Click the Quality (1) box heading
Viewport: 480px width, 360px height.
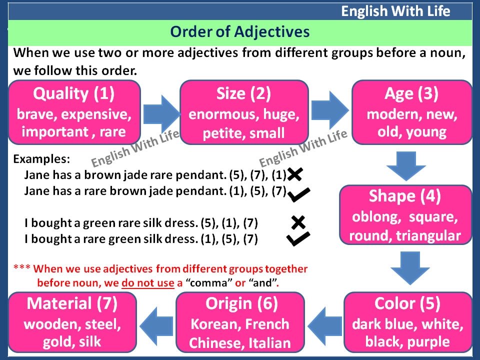[74, 93]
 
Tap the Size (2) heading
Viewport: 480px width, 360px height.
[243, 93]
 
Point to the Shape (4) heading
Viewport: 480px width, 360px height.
[404, 196]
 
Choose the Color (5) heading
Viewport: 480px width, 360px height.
[407, 303]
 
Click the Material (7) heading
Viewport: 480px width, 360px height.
[72, 303]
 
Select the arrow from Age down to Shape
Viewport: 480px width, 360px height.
[406, 165]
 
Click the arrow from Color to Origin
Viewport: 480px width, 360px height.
[325, 322]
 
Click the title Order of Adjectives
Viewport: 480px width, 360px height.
[240, 32]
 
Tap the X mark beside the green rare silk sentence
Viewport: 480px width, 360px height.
[298, 222]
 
